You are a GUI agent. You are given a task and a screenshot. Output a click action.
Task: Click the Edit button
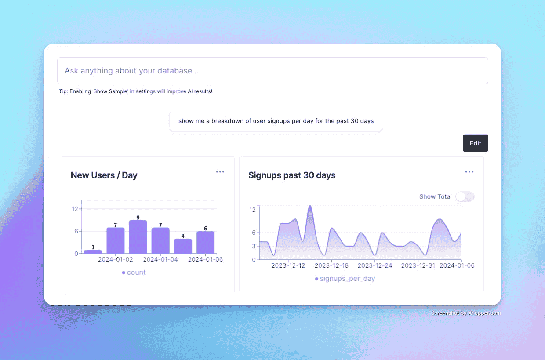(475, 143)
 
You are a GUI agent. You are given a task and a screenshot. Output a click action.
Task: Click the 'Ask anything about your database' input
(272, 71)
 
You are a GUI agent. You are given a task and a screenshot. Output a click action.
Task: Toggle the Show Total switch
(465, 196)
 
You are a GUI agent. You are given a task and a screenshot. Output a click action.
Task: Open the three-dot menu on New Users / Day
(220, 172)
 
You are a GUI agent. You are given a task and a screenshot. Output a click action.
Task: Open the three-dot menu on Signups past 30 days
(469, 172)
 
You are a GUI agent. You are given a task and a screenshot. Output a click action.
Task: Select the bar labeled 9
(138, 237)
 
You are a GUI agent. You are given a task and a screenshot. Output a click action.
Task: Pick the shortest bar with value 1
(93, 251)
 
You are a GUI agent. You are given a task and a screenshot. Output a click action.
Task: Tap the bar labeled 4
(183, 246)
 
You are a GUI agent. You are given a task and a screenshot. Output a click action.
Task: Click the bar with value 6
(205, 242)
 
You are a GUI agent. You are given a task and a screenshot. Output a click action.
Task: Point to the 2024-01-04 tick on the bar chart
(160, 259)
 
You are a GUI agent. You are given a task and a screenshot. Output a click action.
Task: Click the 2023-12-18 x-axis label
(331, 265)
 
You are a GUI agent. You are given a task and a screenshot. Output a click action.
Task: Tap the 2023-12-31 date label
(418, 265)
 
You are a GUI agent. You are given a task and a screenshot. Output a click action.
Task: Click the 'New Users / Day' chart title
(104, 175)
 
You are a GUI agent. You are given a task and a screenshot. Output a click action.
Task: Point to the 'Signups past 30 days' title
(292, 175)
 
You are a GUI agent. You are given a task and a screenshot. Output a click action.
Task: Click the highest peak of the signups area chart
(310, 206)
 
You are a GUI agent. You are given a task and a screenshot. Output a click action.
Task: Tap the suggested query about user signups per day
(276, 121)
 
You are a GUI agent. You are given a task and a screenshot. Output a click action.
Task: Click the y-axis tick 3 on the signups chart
(253, 246)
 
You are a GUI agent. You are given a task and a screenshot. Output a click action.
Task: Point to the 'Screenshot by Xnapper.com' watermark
(466, 313)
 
